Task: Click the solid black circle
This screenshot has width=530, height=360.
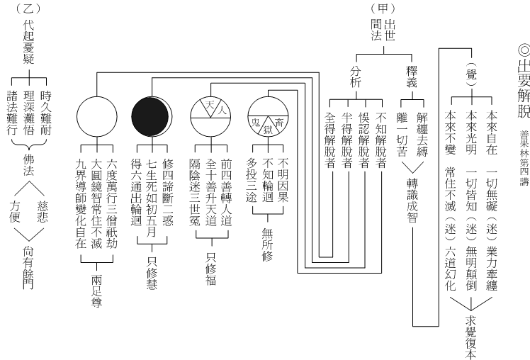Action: (150, 116)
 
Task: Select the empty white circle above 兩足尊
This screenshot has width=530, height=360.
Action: (96, 117)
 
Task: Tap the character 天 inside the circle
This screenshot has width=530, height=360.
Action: (205, 105)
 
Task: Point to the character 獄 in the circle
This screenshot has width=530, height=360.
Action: (268, 129)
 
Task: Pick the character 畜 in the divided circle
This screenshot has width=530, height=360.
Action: (279, 122)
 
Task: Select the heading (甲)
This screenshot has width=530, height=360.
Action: (383, 8)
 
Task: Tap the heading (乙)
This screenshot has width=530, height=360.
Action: (28, 8)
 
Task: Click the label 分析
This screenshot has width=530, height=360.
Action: (356, 77)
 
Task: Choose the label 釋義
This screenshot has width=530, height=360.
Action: (412, 77)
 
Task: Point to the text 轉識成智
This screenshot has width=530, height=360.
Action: (412, 201)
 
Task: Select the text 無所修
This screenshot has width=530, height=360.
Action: (267, 244)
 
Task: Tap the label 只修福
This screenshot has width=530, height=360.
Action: (211, 269)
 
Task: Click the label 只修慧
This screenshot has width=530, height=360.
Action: (152, 273)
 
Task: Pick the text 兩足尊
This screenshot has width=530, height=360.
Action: (96, 291)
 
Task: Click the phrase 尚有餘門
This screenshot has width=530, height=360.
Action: (28, 267)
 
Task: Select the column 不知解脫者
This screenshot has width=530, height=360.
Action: (381, 140)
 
